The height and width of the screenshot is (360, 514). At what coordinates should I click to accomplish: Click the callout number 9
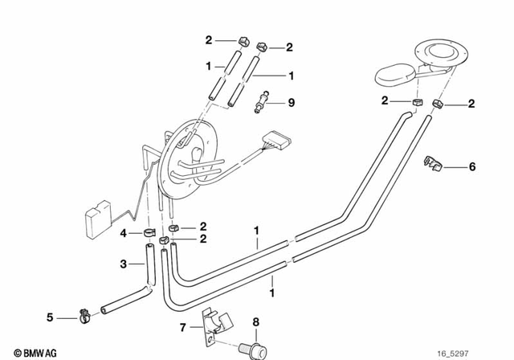292,102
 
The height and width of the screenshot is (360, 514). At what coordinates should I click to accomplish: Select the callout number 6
471,166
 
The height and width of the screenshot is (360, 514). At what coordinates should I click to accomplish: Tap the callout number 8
255,322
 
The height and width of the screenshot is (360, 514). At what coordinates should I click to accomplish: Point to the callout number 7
182,327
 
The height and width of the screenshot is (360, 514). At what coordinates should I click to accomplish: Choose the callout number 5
50,317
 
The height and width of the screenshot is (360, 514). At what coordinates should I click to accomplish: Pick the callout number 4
124,233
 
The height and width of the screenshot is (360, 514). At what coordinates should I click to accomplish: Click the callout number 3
124,263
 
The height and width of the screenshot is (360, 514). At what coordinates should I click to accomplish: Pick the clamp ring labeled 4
149,233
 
